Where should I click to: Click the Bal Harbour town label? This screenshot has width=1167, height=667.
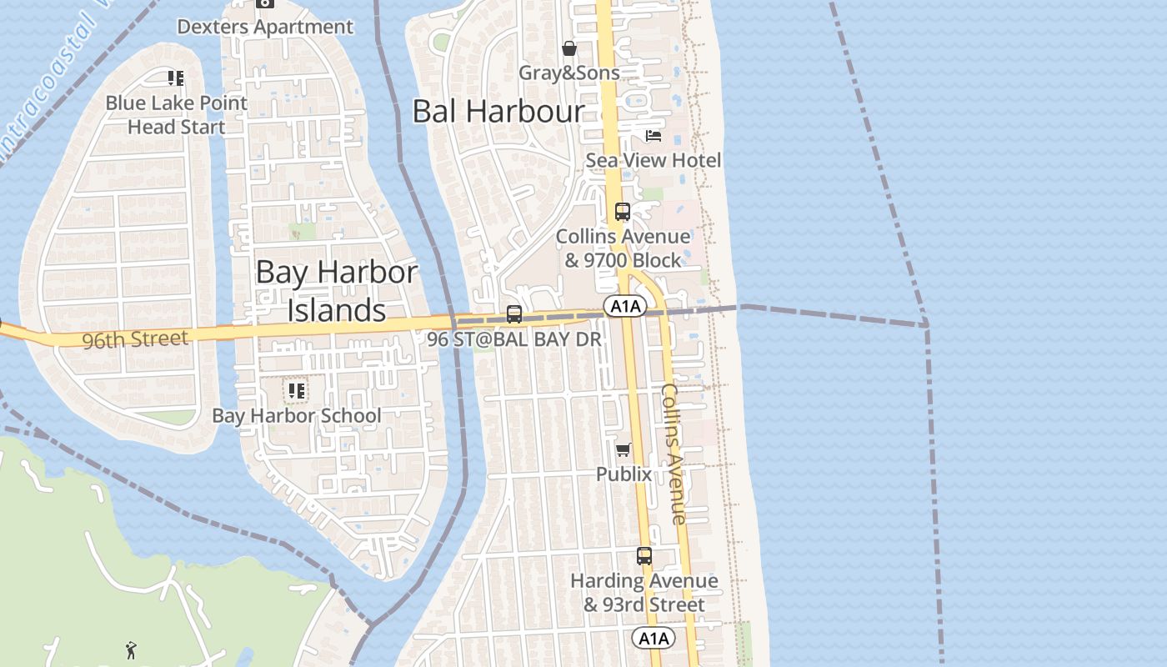point(498,111)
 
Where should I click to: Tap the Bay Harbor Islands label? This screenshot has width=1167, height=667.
point(337,290)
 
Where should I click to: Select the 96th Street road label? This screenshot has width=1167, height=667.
point(135,339)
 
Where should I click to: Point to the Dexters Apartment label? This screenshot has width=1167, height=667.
point(265,27)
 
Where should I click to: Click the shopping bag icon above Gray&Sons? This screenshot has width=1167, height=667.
point(569,48)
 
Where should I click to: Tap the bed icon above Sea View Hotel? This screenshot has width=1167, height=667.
point(654,136)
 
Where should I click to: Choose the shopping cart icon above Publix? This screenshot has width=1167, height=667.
point(623,450)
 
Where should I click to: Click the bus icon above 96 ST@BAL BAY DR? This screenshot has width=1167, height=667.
point(514,314)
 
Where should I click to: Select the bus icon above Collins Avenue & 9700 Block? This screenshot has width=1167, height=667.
point(623,212)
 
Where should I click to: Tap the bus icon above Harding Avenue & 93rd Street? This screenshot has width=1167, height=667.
point(644,556)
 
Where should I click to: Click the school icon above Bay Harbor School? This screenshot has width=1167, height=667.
point(296,390)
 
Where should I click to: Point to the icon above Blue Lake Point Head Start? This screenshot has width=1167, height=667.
point(176,78)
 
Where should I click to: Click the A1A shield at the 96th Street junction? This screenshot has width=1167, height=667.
point(625,307)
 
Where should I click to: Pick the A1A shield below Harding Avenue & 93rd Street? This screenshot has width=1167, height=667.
point(654,639)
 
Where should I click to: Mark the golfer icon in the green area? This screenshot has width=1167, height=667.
point(131,649)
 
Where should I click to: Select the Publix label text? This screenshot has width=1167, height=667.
point(624,474)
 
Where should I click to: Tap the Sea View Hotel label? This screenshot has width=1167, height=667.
point(654,160)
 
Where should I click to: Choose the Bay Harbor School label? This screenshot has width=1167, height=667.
point(297,415)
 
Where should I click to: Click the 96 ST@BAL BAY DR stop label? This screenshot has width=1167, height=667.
point(514,339)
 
